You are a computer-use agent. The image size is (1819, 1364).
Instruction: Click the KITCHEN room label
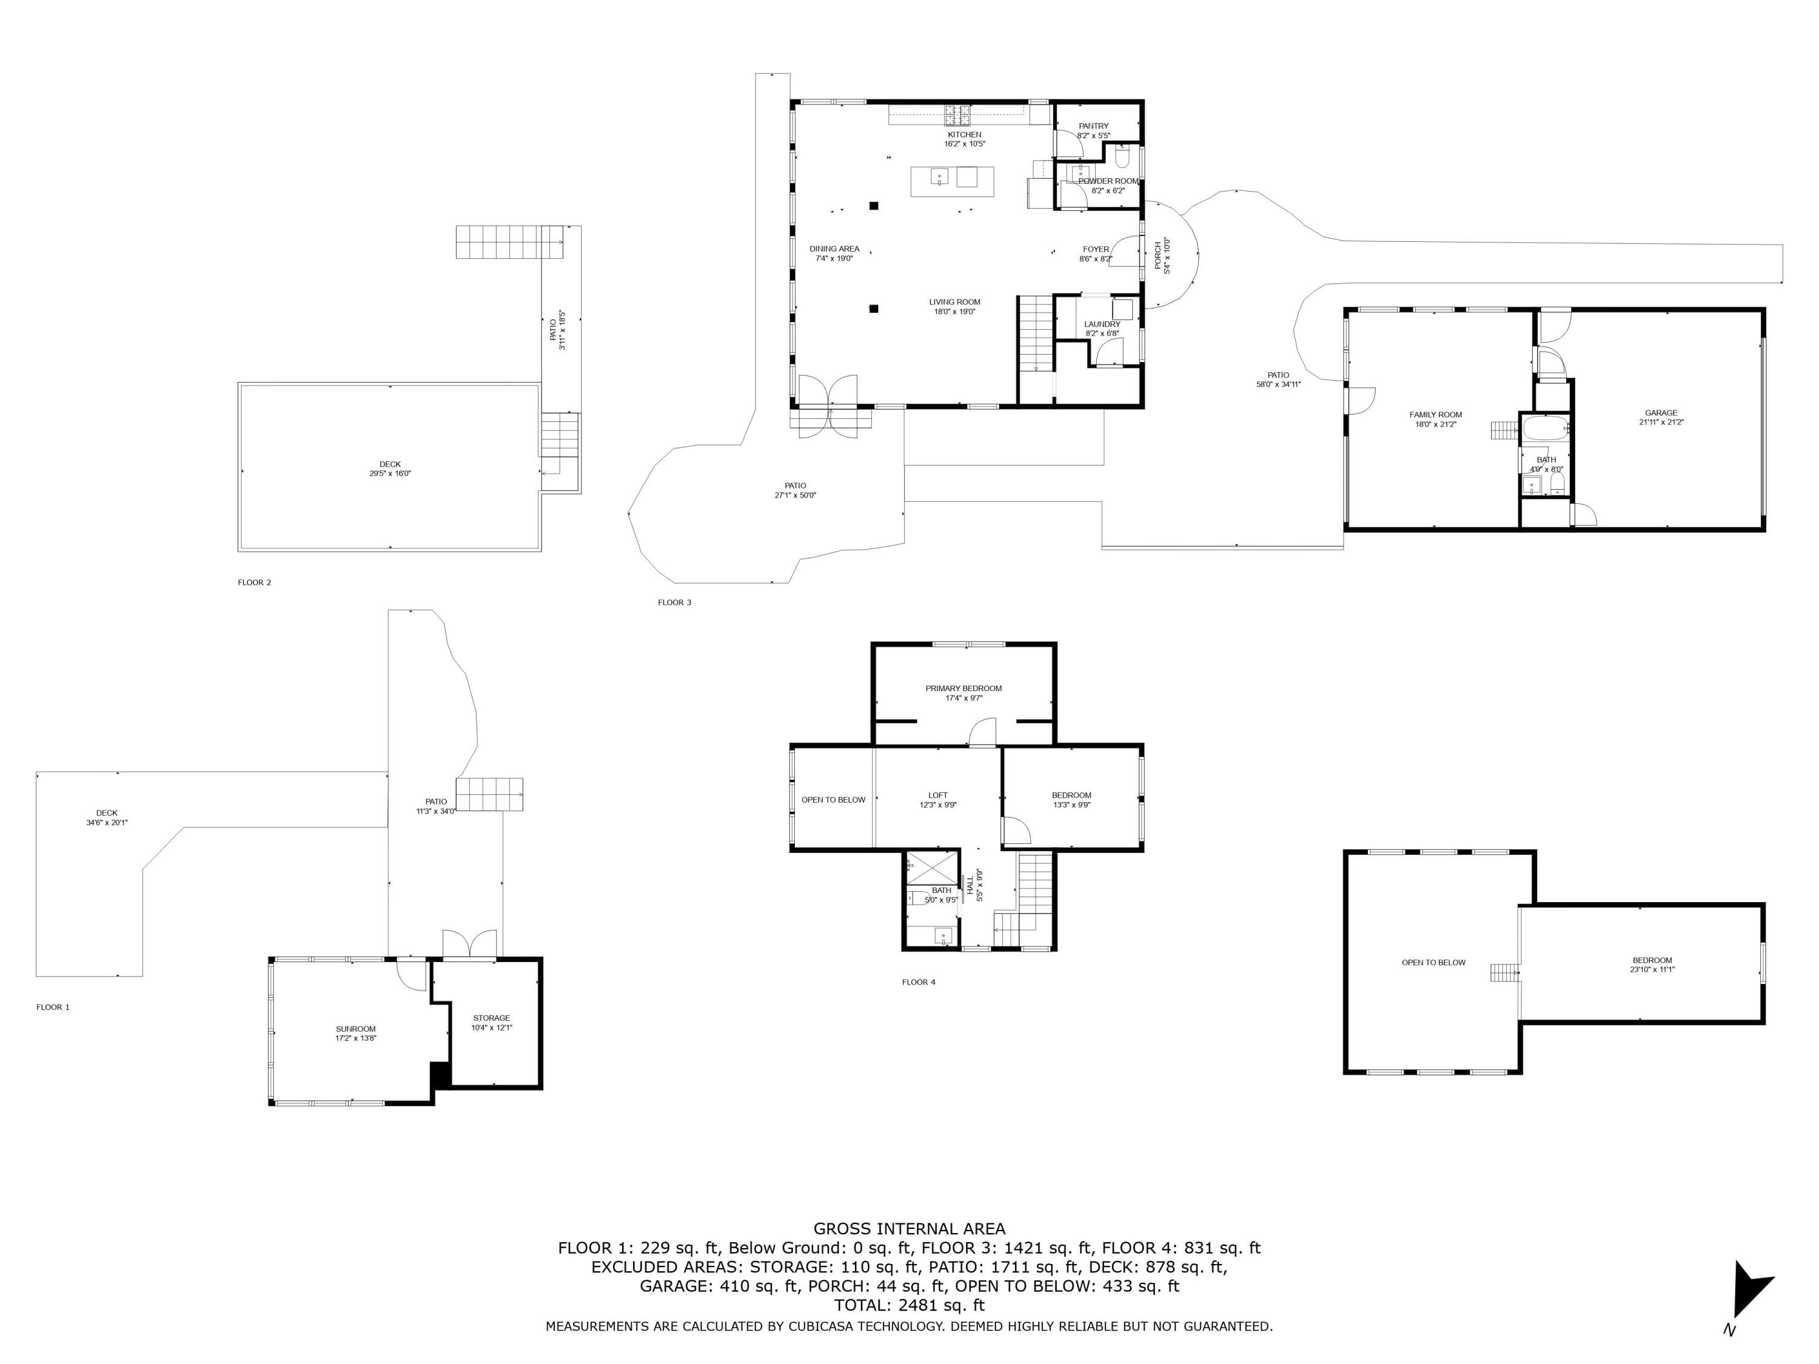964,135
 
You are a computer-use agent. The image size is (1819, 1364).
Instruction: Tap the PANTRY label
1094,126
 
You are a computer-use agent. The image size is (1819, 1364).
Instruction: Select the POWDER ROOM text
1108,181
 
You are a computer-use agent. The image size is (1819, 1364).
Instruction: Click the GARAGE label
1661,413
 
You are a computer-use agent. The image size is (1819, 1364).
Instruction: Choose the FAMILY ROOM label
1436,415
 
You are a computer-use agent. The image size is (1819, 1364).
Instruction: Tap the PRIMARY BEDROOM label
964,688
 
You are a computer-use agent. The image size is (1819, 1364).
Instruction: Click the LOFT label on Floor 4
937,795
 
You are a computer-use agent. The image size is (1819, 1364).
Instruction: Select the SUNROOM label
355,1029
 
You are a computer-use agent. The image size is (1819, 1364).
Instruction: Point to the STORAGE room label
491,1018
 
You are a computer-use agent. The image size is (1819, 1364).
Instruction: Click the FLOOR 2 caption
254,582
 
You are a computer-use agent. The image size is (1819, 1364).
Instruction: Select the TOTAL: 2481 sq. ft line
909,1305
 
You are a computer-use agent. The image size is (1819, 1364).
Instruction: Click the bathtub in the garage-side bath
1546,429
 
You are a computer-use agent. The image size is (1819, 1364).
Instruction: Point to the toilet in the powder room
1124,154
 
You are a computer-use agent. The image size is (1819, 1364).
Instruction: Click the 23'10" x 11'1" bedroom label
1652,969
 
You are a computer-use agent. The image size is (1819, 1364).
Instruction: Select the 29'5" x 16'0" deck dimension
390,473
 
